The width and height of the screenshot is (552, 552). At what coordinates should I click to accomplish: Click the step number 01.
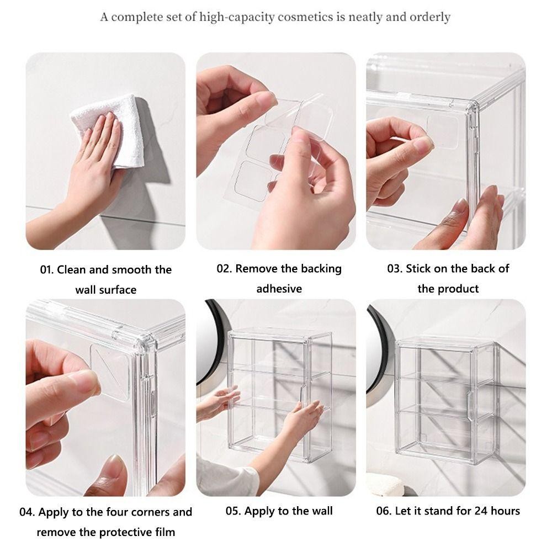[x=46, y=270]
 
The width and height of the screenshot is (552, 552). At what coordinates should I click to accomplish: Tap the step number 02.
[x=224, y=269]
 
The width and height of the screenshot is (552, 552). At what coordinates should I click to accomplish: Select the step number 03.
[x=395, y=269]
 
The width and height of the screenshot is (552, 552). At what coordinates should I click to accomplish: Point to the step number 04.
[x=26, y=512]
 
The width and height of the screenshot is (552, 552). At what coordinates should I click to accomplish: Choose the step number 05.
[x=233, y=511]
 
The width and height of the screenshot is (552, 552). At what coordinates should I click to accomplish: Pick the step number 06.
[x=384, y=511]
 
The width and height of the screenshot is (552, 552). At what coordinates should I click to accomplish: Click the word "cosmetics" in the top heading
[x=305, y=17]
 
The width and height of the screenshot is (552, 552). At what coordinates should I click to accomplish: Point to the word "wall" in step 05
[x=321, y=511]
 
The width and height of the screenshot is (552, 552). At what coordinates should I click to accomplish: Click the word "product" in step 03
[x=458, y=289]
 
